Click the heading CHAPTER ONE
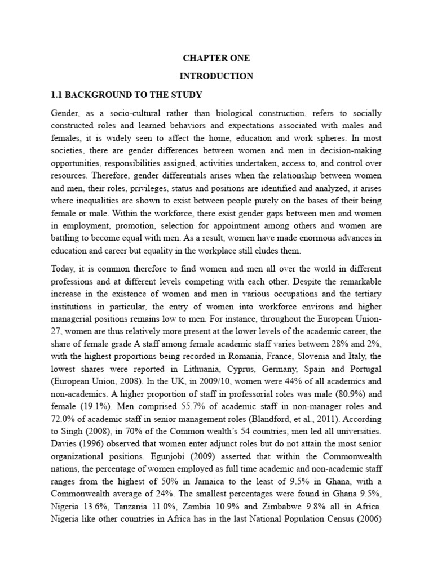[x=217, y=58]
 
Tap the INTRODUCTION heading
[x=217, y=76]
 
